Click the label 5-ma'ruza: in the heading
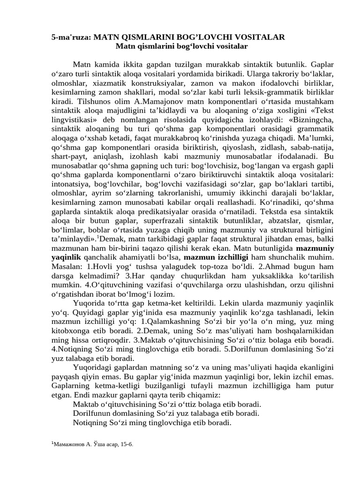click(x=71, y=37)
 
